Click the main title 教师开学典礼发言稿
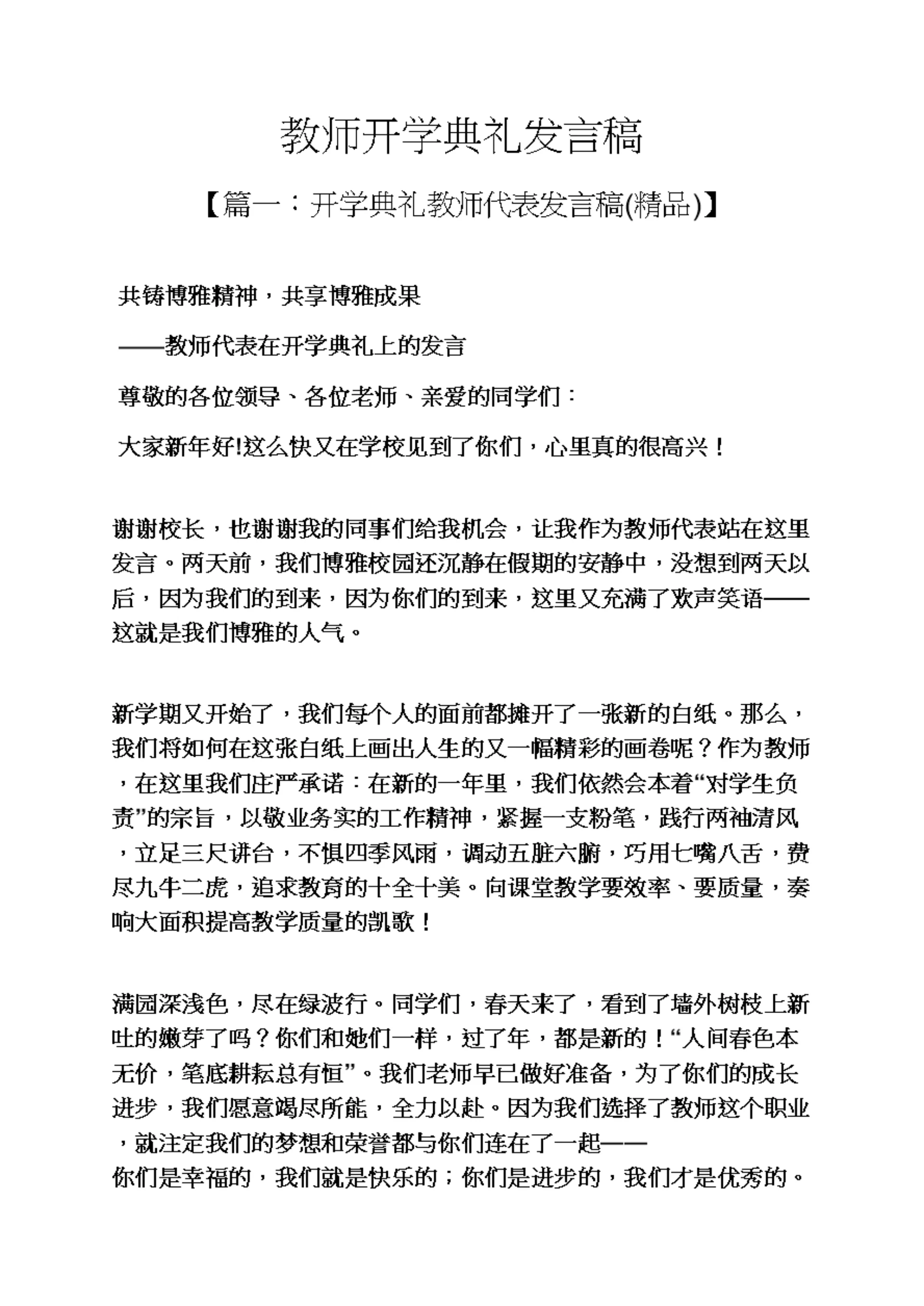coord(462,137)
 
